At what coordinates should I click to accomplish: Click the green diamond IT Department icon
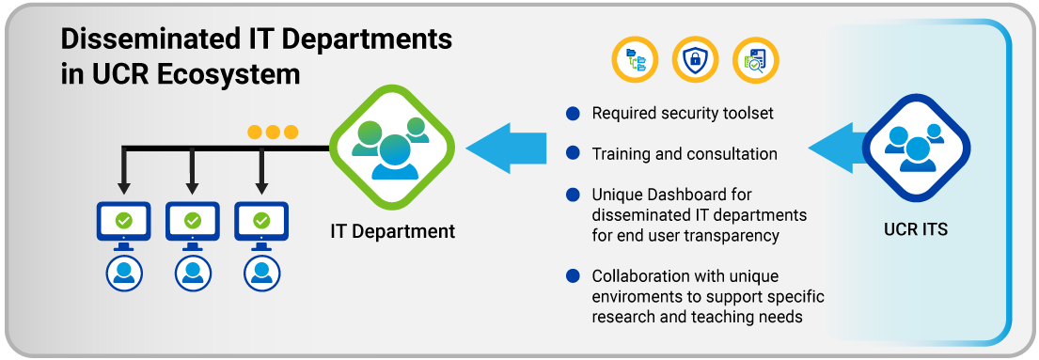pos(392,149)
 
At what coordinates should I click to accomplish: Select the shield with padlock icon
pos(695,59)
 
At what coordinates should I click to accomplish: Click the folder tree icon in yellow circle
pos(635,59)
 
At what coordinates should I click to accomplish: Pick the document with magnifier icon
pos(755,59)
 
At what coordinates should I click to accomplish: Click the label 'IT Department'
pos(393,231)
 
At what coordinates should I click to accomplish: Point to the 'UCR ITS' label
pos(916,230)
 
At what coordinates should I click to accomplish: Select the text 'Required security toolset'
pos(683,114)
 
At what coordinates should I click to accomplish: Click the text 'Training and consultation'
pos(685,154)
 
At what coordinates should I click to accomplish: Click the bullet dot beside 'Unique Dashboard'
pos(574,196)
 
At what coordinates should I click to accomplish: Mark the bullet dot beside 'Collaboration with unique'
pos(574,275)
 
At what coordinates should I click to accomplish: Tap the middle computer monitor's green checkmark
pos(193,219)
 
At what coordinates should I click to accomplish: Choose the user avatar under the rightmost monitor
pos(261,273)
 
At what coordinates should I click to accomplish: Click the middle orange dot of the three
pos(273,133)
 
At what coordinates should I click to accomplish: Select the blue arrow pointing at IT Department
pos(506,149)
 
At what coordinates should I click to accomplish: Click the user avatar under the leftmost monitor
pos(124,273)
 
